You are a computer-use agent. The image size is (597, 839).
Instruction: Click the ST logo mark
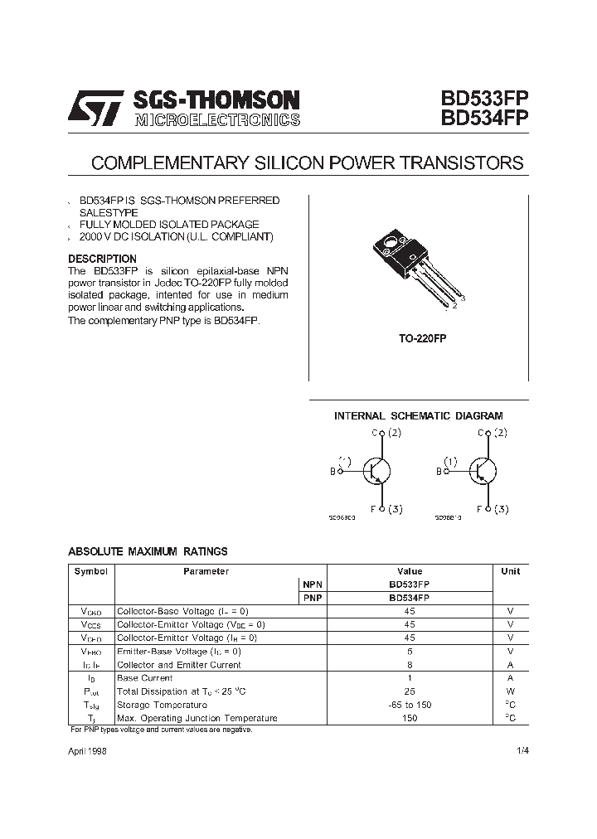tap(95, 109)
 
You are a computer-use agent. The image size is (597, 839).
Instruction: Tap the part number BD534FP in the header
tap(477, 119)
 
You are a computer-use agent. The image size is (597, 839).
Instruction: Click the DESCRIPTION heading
tap(102, 259)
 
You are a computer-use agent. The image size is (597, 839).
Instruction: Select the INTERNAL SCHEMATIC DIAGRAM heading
tap(418, 415)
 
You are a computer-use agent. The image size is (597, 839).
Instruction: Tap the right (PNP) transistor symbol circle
tap(482, 471)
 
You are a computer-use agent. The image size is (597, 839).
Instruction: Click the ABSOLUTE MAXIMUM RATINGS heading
tap(148, 551)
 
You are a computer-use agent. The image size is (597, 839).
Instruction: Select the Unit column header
tap(511, 571)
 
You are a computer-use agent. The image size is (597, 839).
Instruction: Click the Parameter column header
tap(206, 571)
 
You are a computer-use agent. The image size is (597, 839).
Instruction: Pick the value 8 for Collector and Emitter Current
tap(410, 664)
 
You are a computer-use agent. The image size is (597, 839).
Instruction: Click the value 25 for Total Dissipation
tap(410, 691)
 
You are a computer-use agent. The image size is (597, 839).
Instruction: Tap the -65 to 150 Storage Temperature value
tap(410, 704)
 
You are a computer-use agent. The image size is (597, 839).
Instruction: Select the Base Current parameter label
tap(145, 677)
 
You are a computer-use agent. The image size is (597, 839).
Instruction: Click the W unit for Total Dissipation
tap(511, 691)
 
